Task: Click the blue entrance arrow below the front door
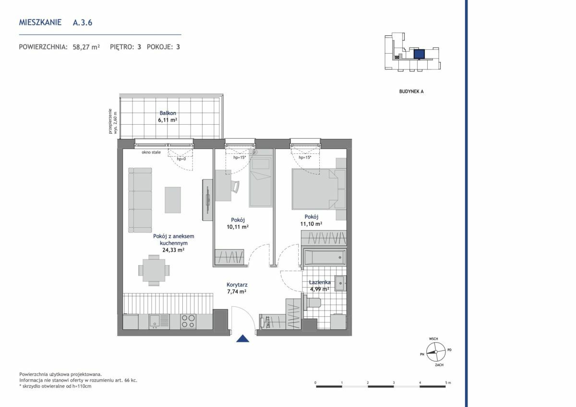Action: pos(242,339)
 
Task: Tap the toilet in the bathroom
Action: pos(312,302)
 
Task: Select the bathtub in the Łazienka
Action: pos(325,257)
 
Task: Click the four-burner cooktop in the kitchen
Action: pos(188,321)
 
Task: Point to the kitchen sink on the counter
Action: pos(159,321)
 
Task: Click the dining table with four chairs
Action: pos(154,270)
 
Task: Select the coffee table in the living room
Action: pos(173,200)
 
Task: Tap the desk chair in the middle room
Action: pos(235,186)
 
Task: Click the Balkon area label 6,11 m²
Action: pos(168,120)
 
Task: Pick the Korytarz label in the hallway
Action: pos(237,284)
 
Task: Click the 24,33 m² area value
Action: pos(173,250)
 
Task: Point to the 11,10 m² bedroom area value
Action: pos(311,224)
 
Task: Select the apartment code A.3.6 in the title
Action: pos(83,23)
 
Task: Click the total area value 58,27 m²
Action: pos(86,47)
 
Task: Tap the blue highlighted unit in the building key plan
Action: pos(419,54)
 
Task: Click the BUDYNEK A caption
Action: pos(411,92)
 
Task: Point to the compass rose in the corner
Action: pos(436,352)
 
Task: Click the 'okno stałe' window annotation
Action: pos(151,152)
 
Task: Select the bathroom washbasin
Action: pos(340,283)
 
